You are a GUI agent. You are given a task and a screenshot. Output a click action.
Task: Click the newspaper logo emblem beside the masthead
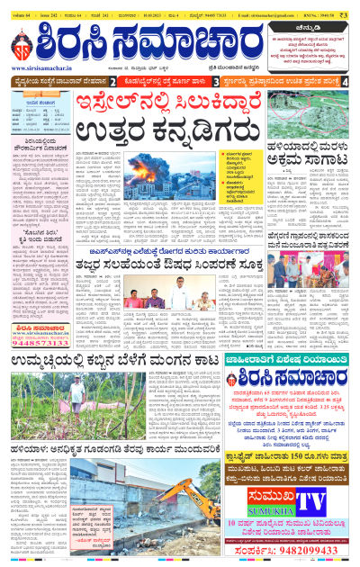pos(23,42)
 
